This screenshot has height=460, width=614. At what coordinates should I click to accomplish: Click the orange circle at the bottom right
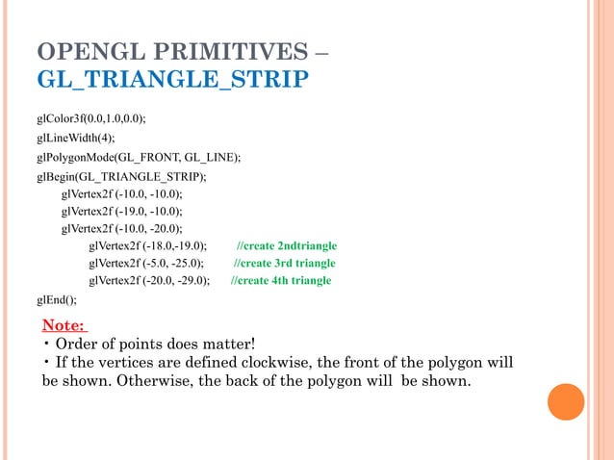(566, 402)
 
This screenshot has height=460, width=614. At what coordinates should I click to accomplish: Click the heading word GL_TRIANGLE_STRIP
(172, 78)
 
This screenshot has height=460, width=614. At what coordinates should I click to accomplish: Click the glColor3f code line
(91, 118)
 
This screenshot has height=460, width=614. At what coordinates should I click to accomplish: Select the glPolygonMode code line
(139, 157)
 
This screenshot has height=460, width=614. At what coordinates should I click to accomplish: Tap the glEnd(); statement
(57, 299)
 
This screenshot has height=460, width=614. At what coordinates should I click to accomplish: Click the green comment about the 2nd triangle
(287, 245)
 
